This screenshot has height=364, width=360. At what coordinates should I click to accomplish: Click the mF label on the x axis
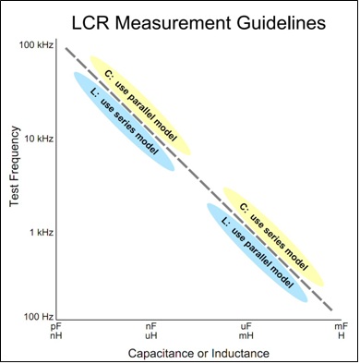(x=340, y=326)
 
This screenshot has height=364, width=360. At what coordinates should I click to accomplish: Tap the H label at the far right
(x=340, y=336)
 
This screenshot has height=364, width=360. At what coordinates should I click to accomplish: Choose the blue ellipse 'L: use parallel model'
(x=257, y=250)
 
